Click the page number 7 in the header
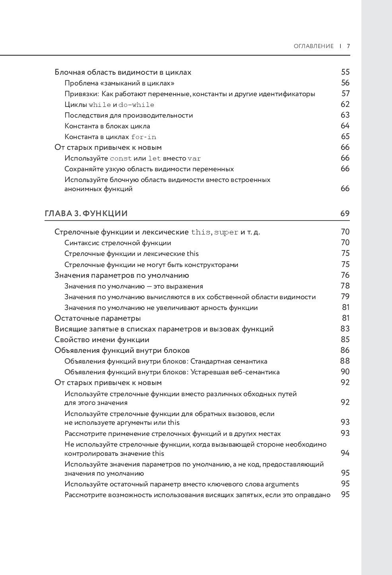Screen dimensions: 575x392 coord(348,46)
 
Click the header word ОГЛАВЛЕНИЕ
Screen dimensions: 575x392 coord(314,46)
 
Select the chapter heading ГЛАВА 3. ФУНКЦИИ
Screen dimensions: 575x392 coord(86,213)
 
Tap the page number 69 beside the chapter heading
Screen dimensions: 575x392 coord(345,213)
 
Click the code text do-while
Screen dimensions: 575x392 coord(136,105)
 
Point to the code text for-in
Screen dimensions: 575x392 coord(144,137)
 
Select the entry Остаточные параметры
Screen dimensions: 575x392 coord(97,318)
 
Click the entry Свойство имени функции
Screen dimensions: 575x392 coord(102,340)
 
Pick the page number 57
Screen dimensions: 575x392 coord(345,94)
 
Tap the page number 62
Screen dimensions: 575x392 coord(345,105)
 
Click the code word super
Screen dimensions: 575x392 coord(226,232)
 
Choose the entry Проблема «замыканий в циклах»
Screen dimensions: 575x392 coord(119,83)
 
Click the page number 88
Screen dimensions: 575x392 coord(345,361)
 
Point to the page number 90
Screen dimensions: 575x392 coord(345,372)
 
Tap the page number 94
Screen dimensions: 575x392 coord(345,453)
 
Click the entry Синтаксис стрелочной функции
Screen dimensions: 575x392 coord(118,243)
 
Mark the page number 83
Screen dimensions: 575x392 coord(345,329)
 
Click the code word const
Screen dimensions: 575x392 coord(121,159)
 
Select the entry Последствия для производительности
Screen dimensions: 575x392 coord(128,115)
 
